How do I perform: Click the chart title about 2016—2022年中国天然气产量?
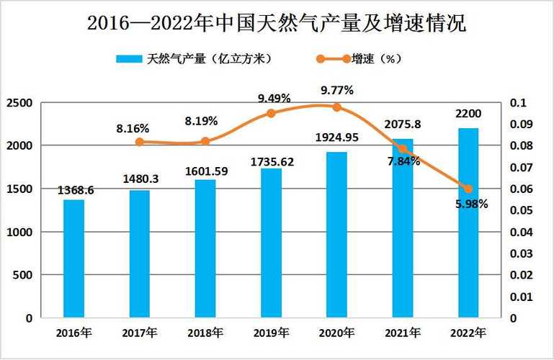click(x=277, y=23)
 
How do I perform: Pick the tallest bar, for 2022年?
click(x=468, y=223)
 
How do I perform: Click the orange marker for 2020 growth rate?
click(x=336, y=107)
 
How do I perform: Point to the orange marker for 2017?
click(x=140, y=142)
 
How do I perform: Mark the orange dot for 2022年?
click(x=468, y=189)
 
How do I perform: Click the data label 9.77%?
click(x=336, y=91)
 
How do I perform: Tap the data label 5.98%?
click(x=472, y=204)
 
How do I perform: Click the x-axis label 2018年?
click(x=205, y=333)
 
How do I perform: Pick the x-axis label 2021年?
click(x=403, y=333)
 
